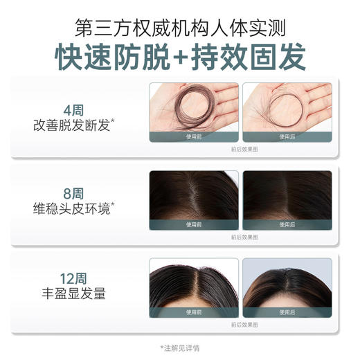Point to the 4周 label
click(73, 110)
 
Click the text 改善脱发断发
click(73, 126)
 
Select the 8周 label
click(73, 191)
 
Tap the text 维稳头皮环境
click(73, 208)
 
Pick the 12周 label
click(73, 278)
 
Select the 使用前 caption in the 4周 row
click(194, 137)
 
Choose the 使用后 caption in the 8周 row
click(287, 224)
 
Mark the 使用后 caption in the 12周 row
click(287, 312)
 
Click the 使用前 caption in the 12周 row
click(194, 312)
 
